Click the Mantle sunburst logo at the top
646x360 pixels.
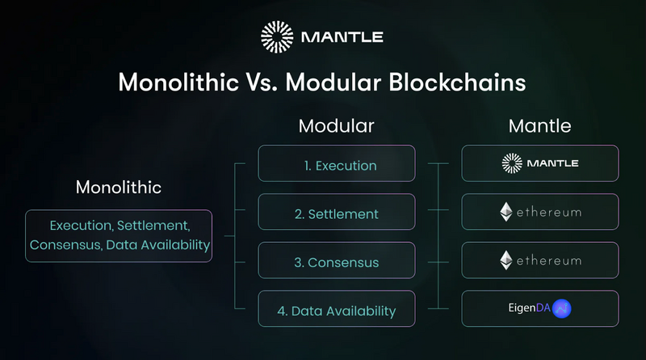point(279,37)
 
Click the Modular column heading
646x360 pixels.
point(336,127)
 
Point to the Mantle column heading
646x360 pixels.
point(539,127)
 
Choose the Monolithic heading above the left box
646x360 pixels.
point(119,187)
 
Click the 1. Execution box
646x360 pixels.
point(336,165)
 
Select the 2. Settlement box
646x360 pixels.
point(336,213)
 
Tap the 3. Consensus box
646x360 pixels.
point(336,262)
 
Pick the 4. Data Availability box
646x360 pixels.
point(336,310)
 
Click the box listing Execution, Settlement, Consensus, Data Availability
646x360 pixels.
point(119,235)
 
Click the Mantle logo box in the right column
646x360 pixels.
point(540,163)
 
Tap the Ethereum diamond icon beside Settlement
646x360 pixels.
point(506,212)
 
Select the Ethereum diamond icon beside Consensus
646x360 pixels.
point(506,260)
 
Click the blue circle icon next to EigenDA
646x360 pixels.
point(562,308)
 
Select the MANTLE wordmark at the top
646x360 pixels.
point(342,37)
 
